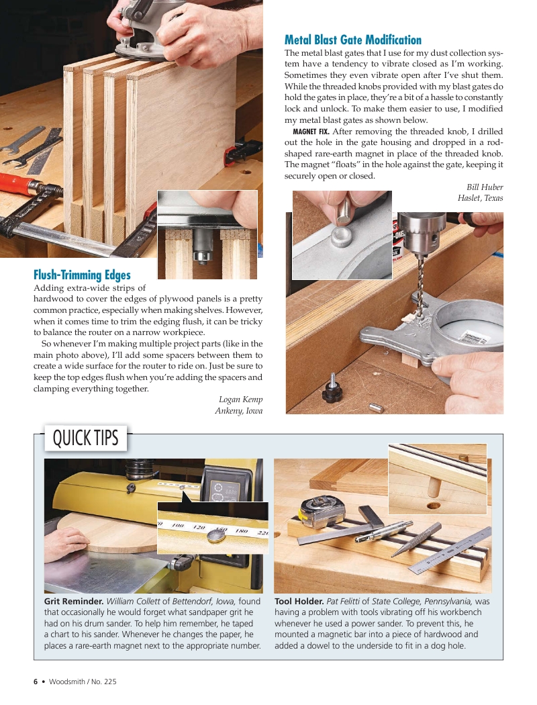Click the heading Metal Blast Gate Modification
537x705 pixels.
353,40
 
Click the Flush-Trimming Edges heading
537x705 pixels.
82,275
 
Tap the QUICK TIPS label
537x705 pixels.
85,438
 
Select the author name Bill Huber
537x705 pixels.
485,187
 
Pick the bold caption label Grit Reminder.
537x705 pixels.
73,601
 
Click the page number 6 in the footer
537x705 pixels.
36,681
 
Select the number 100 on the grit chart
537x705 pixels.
179,525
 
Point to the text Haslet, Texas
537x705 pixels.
480,198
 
